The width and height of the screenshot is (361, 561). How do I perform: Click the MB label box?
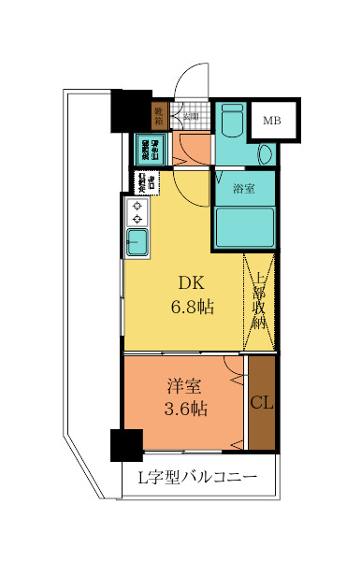pos(271,121)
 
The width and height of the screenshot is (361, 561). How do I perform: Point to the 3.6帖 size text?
pos(187,409)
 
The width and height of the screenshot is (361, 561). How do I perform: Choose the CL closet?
pos(262,402)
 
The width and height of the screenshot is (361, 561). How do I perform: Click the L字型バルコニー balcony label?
pos(197,479)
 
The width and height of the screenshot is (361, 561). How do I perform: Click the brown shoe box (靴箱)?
pos(159,116)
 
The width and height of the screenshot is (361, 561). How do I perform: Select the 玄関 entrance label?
pos(191,117)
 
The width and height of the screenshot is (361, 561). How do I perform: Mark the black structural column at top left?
pos(131,110)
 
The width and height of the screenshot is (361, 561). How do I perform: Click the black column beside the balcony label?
pos(125,445)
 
